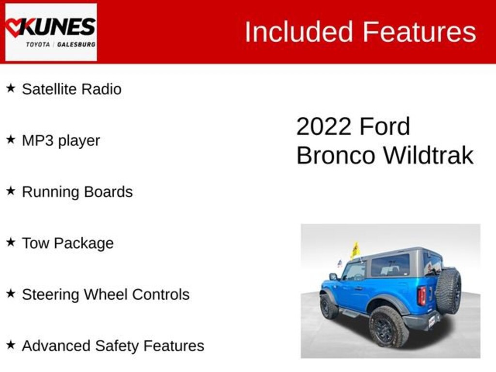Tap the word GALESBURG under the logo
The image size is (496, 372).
click(76, 45)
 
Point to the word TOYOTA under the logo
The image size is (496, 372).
click(38, 45)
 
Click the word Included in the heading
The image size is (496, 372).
click(299, 31)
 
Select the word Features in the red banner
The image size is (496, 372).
click(419, 31)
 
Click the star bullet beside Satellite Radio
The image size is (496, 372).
click(11, 88)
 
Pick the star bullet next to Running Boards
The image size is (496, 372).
click(11, 191)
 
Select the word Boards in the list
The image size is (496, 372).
click(108, 192)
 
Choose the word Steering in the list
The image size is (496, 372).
click(50, 295)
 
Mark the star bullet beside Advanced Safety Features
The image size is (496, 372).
click(11, 345)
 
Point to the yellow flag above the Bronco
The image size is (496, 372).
click(355, 250)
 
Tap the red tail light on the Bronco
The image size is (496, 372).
click(422, 296)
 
